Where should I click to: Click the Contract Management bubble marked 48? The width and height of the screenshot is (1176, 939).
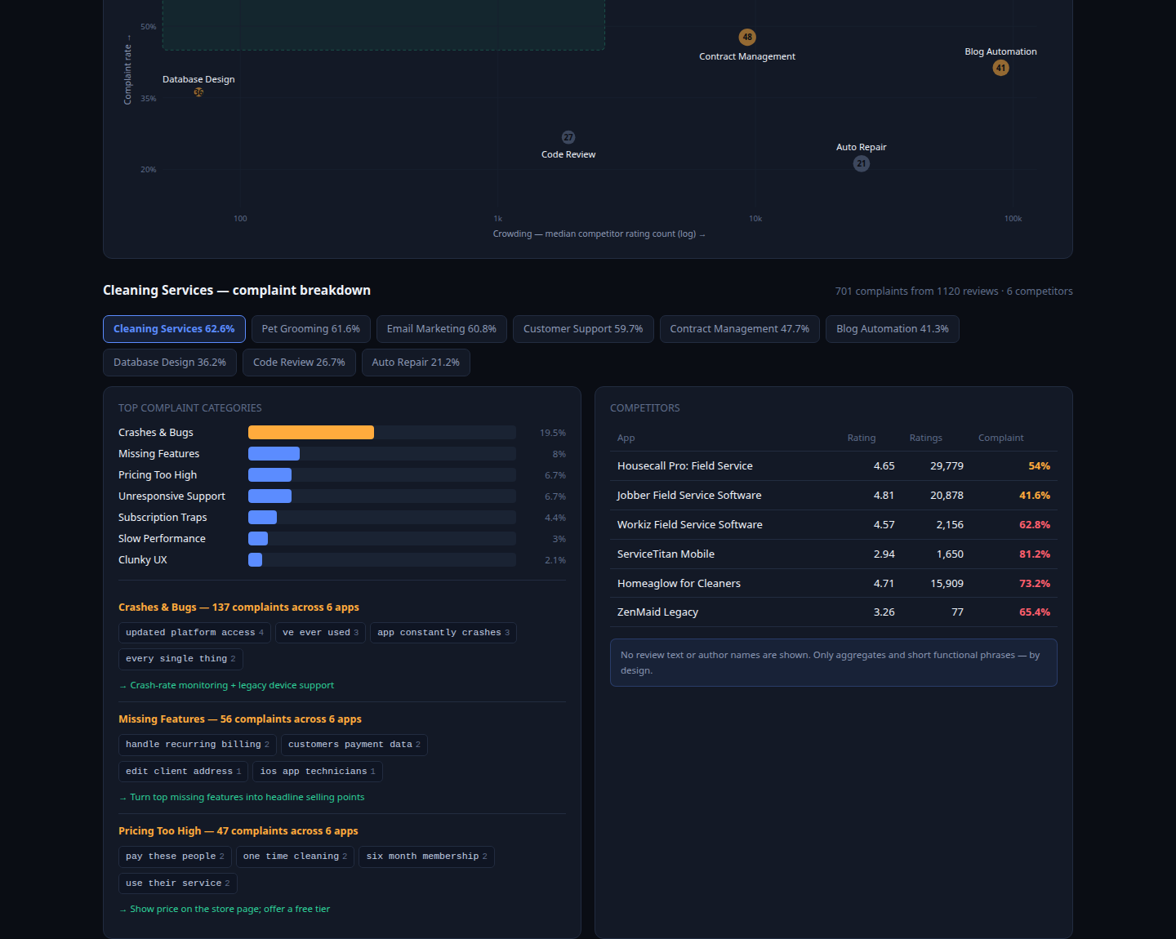(x=747, y=38)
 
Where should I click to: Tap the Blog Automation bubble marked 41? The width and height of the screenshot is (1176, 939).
(x=1000, y=68)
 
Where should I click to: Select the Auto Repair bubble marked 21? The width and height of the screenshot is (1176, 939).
(x=862, y=163)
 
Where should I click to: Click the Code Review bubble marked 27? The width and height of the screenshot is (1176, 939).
(x=568, y=137)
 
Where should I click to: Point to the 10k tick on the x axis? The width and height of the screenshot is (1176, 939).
(x=755, y=219)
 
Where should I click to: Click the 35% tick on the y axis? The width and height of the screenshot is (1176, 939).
(x=148, y=98)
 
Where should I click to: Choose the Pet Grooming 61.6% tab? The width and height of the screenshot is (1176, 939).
(x=311, y=329)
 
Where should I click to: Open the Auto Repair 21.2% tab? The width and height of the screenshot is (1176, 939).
(x=416, y=363)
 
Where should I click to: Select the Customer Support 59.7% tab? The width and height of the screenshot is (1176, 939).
(x=583, y=329)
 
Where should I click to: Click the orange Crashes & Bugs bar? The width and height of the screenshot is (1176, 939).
(x=311, y=432)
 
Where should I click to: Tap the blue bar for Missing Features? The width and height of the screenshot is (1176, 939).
(x=274, y=454)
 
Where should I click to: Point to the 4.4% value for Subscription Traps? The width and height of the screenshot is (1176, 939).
(x=555, y=518)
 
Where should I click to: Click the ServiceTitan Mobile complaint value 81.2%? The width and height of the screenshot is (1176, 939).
(x=1035, y=554)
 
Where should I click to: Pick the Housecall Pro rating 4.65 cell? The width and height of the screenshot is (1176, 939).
(x=884, y=465)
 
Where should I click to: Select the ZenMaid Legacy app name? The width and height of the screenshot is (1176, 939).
(x=657, y=612)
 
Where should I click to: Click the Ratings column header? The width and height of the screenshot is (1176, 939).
(x=926, y=438)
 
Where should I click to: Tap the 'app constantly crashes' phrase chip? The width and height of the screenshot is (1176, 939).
(x=443, y=632)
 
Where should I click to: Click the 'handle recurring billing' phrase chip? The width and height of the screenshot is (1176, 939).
(x=198, y=745)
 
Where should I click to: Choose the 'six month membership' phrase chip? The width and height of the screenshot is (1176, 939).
(x=426, y=857)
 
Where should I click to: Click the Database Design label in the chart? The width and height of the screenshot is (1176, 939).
(x=198, y=79)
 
